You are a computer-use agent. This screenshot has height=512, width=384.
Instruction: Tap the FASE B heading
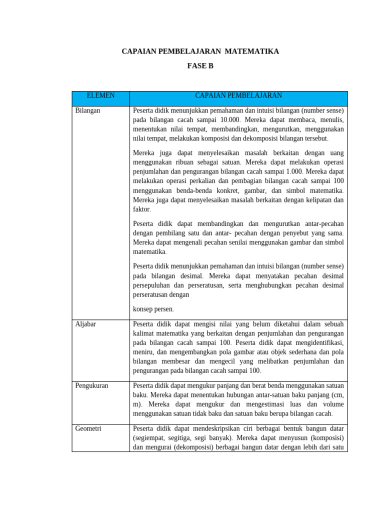coord(200,65)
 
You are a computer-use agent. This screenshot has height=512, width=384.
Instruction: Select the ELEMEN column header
coord(100,95)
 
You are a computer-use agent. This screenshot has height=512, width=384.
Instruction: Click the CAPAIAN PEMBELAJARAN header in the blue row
coord(238,95)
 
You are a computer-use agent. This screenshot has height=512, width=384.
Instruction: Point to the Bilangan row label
coord(87,110)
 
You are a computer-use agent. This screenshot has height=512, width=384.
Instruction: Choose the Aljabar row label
coord(85,324)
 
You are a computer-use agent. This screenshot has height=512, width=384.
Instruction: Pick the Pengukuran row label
coord(91,385)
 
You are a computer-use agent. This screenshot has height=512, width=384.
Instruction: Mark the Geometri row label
coord(88,429)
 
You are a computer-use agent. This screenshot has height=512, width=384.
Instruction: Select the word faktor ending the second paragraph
coord(141,209)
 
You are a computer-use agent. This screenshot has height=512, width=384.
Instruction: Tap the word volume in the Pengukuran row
coord(332,404)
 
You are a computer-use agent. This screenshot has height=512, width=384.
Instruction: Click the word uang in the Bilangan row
coord(336,152)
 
